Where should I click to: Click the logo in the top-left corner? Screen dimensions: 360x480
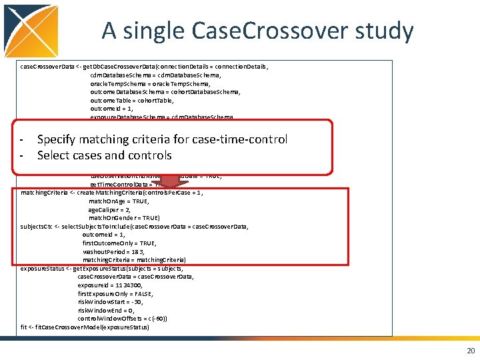pos(31,31)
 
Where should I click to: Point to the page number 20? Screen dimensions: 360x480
pos(471,351)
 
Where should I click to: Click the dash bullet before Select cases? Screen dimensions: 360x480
pos(22,156)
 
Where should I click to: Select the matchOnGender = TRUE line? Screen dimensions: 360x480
pos(124,218)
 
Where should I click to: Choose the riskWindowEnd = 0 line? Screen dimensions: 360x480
pos(106,310)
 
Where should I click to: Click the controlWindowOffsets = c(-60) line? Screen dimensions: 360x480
pos(122,319)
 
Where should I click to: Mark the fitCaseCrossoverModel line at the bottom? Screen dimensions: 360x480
pos(85,327)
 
